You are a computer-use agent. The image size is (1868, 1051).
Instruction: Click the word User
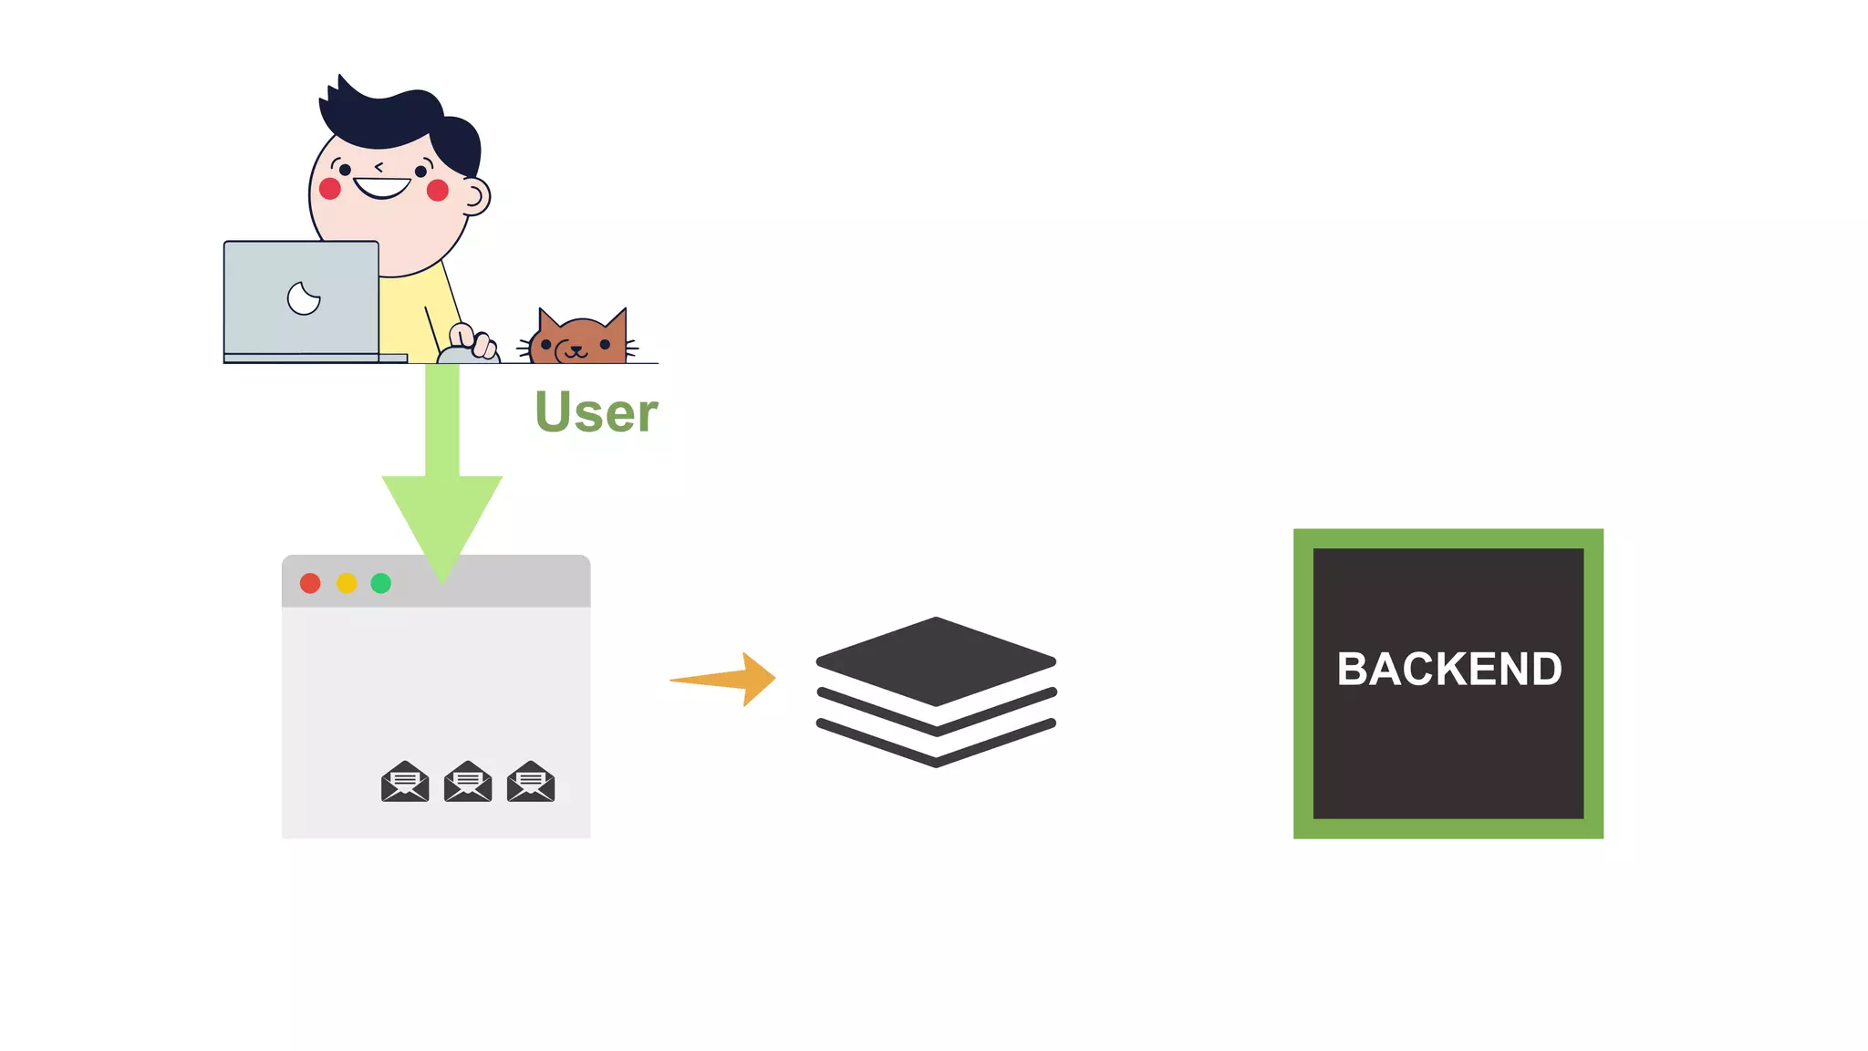[596, 412]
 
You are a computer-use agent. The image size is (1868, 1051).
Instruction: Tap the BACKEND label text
[1448, 669]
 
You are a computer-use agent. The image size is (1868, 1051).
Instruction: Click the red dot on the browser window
[310, 583]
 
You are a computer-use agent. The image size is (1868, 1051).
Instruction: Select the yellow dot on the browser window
[347, 583]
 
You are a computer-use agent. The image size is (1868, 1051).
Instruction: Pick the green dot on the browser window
[381, 583]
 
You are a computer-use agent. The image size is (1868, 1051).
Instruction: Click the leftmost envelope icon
[405, 782]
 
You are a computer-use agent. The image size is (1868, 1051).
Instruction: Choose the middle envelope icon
[468, 782]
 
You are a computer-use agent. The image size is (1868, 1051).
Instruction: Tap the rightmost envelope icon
[531, 782]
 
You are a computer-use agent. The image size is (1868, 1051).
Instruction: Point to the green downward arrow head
[442, 520]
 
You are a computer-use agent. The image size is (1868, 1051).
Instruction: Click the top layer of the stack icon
[936, 660]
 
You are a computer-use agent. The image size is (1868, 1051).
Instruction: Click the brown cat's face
[578, 344]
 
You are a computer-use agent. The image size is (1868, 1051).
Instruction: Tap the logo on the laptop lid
[304, 297]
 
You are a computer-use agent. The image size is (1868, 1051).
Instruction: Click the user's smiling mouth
[382, 188]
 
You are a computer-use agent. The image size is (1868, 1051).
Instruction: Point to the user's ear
[475, 195]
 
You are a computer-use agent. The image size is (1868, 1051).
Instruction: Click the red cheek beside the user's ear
[438, 190]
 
